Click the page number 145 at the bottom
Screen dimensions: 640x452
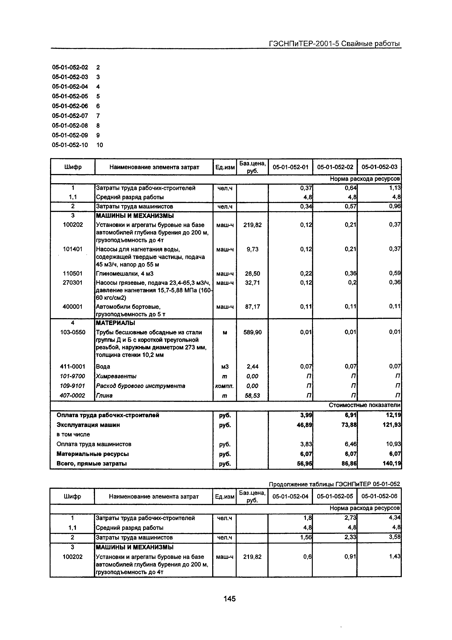click(x=230, y=599)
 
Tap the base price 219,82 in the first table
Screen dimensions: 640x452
click(x=253, y=225)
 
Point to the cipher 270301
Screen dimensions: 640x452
click(x=73, y=283)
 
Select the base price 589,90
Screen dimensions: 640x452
click(x=253, y=332)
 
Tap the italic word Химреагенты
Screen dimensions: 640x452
click(x=116, y=376)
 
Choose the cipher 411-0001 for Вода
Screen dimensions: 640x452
click(x=73, y=367)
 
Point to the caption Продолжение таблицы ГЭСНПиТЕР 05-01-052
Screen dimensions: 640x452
click(x=334, y=484)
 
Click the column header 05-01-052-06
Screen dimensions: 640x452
click(x=379, y=496)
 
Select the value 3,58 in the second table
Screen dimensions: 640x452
click(x=395, y=537)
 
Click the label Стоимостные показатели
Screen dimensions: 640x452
click(x=364, y=405)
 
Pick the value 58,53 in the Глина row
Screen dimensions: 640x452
click(x=253, y=396)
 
